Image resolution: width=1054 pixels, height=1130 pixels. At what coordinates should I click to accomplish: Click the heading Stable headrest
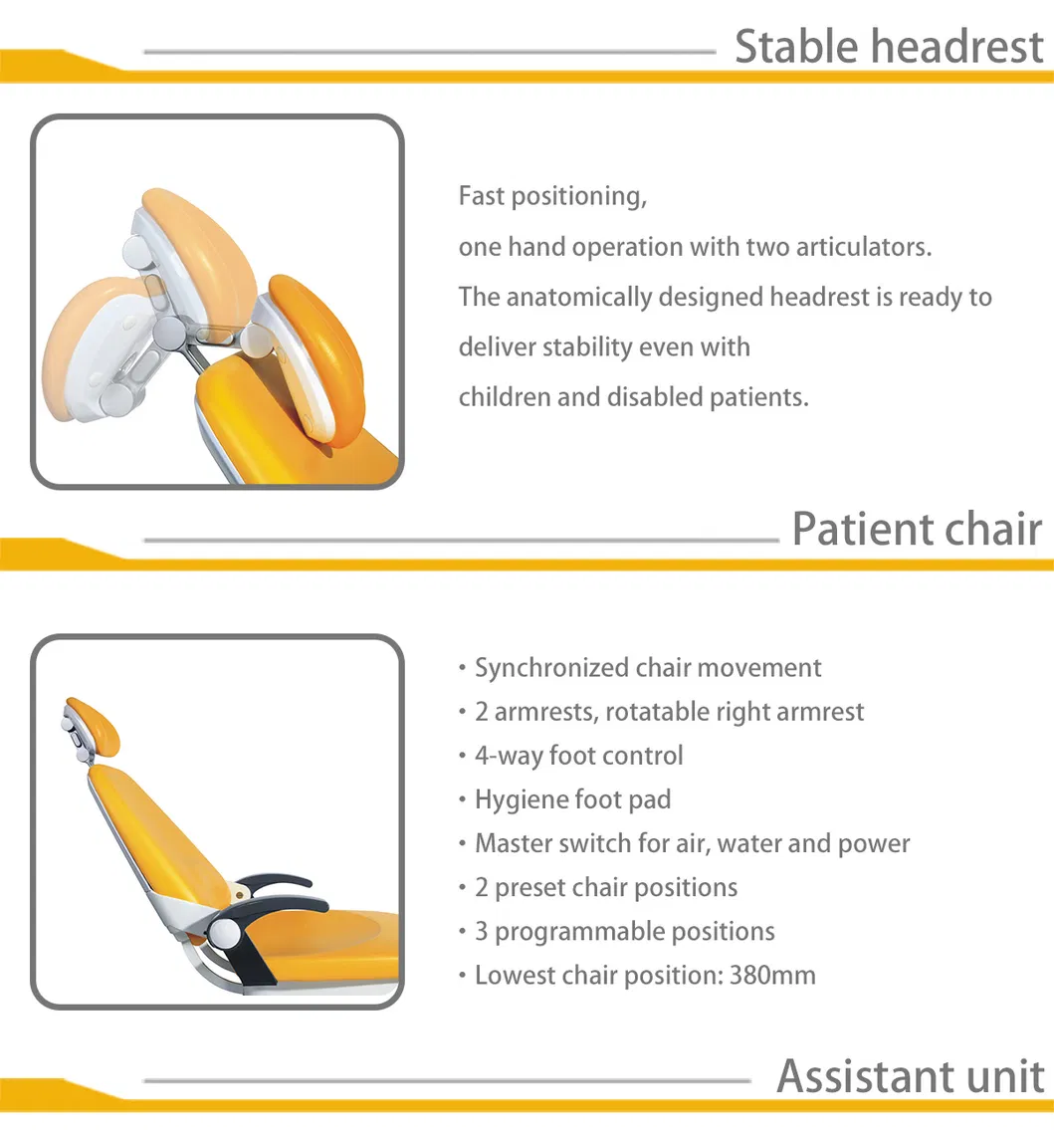(x=889, y=47)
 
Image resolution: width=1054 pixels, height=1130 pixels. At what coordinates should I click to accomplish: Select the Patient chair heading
(x=917, y=529)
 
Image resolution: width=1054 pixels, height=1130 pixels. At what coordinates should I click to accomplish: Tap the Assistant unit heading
(x=911, y=1076)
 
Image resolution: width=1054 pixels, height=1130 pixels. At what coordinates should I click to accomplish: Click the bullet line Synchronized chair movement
(x=647, y=668)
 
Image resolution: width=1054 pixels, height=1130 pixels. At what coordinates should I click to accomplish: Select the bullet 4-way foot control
(x=578, y=756)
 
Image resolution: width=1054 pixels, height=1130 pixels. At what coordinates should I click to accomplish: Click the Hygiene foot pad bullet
(x=572, y=799)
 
